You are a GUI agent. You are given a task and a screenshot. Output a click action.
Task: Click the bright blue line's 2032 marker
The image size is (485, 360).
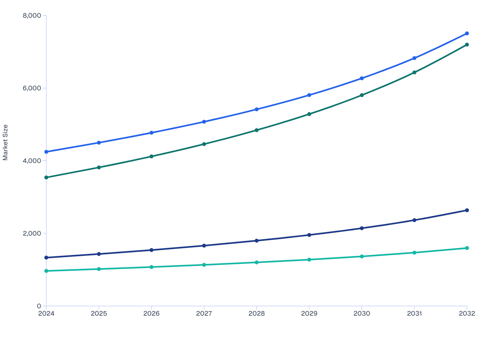467,33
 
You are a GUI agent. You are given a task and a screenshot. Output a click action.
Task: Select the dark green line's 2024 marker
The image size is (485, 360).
46,177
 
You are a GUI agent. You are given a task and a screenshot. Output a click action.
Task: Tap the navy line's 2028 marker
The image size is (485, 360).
257,241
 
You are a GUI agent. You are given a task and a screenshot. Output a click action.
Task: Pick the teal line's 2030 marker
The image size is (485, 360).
362,256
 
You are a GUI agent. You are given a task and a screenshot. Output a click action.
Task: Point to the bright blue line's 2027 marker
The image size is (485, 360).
204,122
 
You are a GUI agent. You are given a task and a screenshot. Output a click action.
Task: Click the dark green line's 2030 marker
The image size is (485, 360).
362,95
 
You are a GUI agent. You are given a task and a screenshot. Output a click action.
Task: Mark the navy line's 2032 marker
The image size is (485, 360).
467,210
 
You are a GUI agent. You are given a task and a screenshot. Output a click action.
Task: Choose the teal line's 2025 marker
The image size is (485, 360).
99,269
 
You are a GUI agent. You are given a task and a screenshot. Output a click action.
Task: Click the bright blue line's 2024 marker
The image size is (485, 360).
46,152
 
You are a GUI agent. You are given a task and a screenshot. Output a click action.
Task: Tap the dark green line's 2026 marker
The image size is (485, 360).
151,157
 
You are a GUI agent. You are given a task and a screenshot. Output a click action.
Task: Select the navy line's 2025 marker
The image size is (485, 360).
99,254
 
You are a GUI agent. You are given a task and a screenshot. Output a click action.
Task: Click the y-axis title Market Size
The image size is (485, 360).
5,142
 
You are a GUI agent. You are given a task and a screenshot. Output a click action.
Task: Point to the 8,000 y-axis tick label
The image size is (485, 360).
32,15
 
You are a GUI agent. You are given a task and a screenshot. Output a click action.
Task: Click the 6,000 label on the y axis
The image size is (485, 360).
32,88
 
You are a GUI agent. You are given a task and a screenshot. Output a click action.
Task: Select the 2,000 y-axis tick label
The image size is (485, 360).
32,233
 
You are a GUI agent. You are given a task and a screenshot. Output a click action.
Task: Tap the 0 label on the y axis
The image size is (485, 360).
39,306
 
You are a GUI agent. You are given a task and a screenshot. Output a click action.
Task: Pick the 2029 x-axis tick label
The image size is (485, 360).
309,313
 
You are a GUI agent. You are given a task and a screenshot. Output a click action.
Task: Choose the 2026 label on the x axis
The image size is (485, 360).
151,313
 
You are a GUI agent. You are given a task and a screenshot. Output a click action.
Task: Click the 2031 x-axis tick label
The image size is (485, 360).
414,313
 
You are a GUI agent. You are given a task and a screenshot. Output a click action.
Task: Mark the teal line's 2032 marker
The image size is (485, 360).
467,248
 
